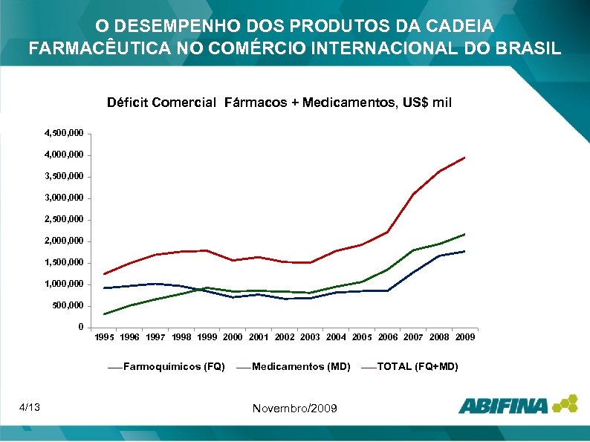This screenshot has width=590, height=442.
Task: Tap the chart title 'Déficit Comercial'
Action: pyautogui.click(x=161, y=103)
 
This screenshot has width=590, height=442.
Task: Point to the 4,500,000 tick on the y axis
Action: pyautogui.click(x=64, y=134)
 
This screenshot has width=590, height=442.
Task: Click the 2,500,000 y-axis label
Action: pyautogui.click(x=64, y=220)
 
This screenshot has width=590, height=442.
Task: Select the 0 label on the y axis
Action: pyautogui.click(x=80, y=328)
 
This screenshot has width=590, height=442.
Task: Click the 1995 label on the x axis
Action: pyautogui.click(x=104, y=337)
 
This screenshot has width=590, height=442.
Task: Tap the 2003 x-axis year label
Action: pyautogui.click(x=311, y=337)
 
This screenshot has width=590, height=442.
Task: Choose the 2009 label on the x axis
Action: pyautogui.click(x=465, y=337)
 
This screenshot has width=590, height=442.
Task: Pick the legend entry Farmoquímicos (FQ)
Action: pyautogui.click(x=174, y=367)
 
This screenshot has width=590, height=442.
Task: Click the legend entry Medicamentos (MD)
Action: pyautogui.click(x=301, y=367)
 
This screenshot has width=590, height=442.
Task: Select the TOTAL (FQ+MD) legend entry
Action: pyautogui.click(x=418, y=367)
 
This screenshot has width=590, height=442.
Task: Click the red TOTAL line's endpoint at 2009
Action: pyautogui.click(x=465, y=157)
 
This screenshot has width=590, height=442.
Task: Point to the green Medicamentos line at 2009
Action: pyautogui.click(x=465, y=234)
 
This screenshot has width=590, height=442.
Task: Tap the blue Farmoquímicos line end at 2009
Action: pyautogui.click(x=465, y=251)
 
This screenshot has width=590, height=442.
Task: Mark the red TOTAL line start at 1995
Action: pyautogui.click(x=105, y=274)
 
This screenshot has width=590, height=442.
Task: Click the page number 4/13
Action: pyautogui.click(x=30, y=407)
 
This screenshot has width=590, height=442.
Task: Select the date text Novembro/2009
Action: pyautogui.click(x=295, y=409)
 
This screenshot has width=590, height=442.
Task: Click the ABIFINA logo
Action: pyautogui.click(x=517, y=405)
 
